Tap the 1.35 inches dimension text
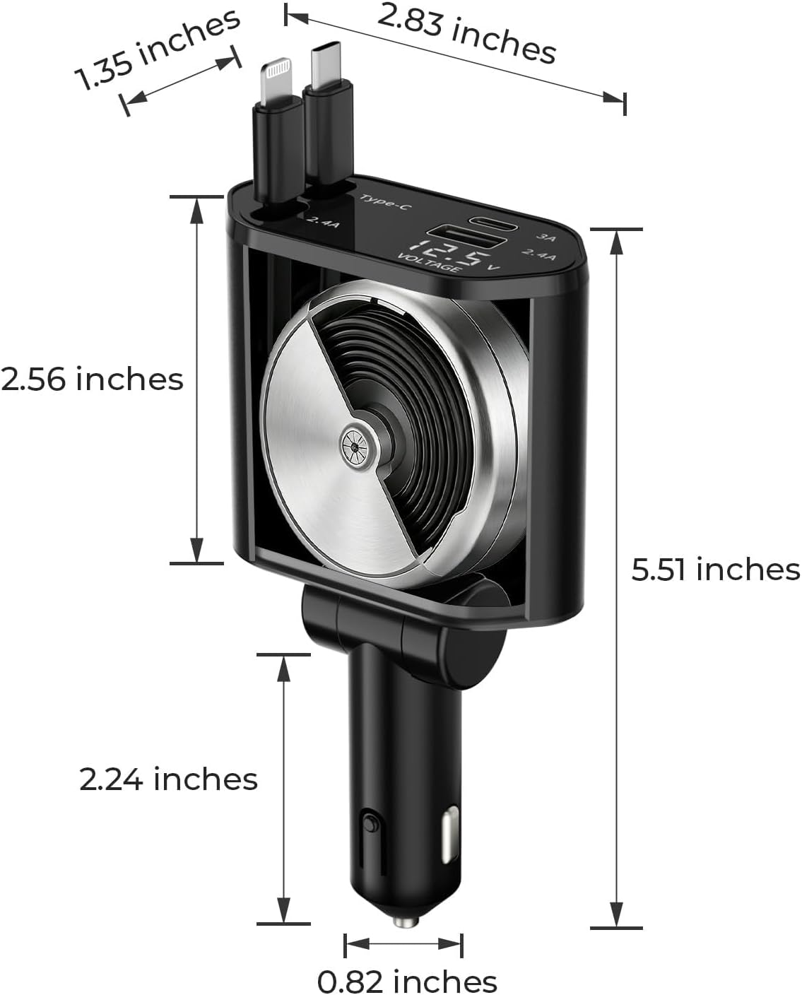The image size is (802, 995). pyautogui.click(x=157, y=50)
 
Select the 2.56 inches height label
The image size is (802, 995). pyautogui.click(x=92, y=379)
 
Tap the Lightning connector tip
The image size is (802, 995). pyautogui.click(x=276, y=80)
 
